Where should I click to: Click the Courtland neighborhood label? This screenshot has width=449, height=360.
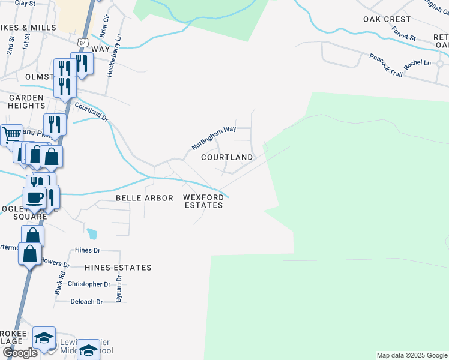(227, 157)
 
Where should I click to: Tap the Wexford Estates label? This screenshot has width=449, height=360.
(203, 201)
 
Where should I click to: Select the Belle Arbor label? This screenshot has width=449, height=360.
(144, 198)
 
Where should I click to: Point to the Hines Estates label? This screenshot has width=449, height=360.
(118, 268)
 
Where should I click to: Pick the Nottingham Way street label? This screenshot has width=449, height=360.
(214, 138)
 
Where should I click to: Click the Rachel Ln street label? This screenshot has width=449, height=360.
(418, 64)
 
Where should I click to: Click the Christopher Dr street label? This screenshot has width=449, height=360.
(89, 284)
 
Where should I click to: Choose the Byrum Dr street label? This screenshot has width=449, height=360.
(119, 289)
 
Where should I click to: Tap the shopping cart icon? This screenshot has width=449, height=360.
(11, 134)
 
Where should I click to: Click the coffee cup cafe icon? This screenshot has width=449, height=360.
(34, 196)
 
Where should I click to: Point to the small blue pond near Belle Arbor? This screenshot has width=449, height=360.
(91, 233)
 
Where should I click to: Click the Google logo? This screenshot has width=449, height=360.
(20, 353)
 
